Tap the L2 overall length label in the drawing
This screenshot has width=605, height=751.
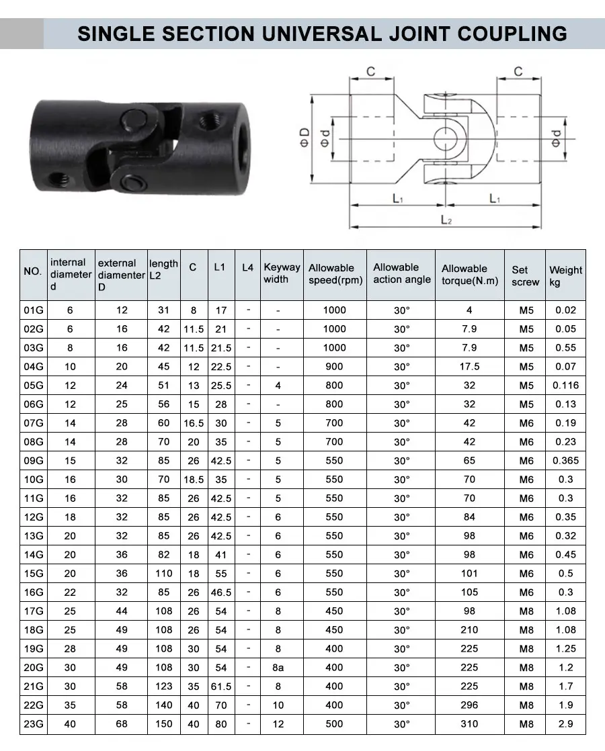coord(445,220)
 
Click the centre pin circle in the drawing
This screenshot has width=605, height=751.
coord(444,138)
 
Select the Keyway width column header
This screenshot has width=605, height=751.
coord(282,273)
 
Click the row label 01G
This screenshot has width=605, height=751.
coord(33,310)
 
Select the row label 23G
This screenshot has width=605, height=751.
coord(33,724)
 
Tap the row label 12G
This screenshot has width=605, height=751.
coord(33,517)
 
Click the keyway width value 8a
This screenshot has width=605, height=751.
coord(278,668)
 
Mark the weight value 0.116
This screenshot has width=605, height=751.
coord(565,386)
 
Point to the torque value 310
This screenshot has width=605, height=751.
coord(469,724)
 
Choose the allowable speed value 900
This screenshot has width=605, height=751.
coord(334,367)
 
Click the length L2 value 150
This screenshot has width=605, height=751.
coord(164,724)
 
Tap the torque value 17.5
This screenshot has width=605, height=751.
coord(469,367)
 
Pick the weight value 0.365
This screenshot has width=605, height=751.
coord(565,461)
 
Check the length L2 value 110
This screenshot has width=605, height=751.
coord(164,574)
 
